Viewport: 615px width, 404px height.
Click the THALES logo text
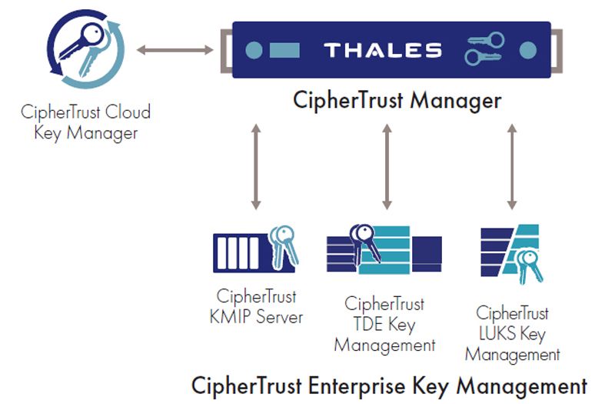click(x=382, y=51)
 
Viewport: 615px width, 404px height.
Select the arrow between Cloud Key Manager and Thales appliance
click(x=175, y=50)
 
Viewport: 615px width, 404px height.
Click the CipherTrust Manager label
click(x=397, y=101)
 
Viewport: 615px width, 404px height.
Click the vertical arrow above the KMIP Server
click(x=256, y=165)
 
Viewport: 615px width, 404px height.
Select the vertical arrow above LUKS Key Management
click(x=510, y=165)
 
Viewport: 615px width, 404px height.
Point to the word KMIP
click(x=231, y=316)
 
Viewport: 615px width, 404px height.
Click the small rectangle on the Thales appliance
click(x=284, y=51)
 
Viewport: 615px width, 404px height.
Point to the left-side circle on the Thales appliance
click(x=254, y=51)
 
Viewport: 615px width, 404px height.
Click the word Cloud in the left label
click(x=128, y=112)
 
